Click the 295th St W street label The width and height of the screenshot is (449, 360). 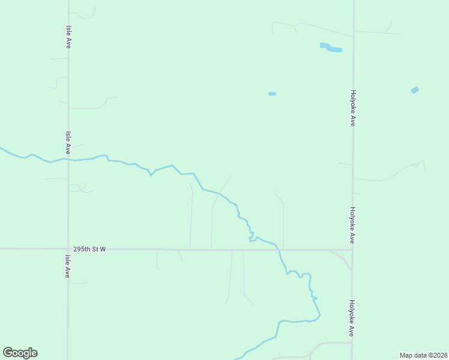coord(89,248)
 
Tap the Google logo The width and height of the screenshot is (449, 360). coord(20,353)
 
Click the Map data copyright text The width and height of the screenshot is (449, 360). coord(423,355)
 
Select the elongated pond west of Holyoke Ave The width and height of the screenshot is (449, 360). coord(331,47)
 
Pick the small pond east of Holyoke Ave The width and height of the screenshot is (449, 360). coord(415,90)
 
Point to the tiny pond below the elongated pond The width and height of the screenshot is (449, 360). coord(272,94)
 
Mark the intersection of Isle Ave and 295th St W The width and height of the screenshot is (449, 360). coord(68,248)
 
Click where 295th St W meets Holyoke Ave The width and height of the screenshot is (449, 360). coord(352,250)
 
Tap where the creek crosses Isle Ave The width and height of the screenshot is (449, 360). coord(68,160)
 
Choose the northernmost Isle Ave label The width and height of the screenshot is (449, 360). coord(69,37)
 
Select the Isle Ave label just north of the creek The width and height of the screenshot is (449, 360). coord(68,143)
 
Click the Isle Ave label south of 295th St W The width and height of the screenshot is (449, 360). coord(67,266)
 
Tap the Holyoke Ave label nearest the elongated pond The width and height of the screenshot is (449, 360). coord(354,108)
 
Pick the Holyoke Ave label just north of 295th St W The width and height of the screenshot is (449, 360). coord(353,225)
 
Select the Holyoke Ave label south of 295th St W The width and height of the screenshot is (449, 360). coord(352,318)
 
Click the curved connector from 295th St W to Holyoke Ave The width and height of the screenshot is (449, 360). coord(342,259)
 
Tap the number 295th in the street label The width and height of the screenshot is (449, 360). coord(82,248)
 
